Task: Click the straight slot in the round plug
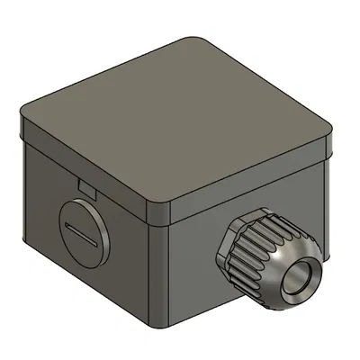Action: point(82,230)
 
